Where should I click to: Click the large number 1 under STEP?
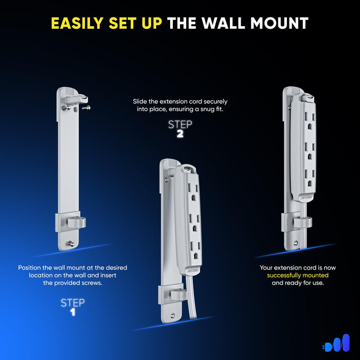pyautogui.click(x=73, y=312)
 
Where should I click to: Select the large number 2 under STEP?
pyautogui.click(x=179, y=134)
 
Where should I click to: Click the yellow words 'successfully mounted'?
pyautogui.click(x=298, y=275)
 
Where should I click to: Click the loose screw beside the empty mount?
pyautogui.click(x=88, y=107)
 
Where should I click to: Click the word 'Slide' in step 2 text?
pyautogui.click(x=141, y=102)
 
